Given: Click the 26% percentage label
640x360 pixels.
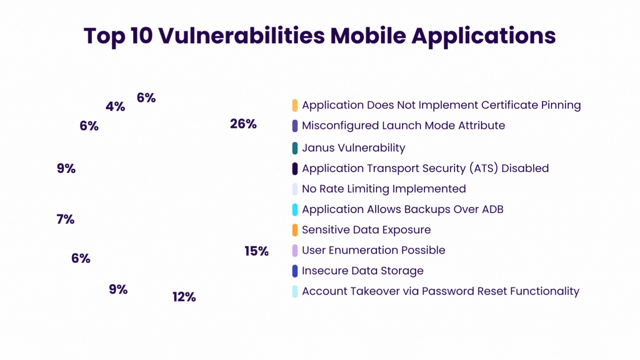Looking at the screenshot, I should pyautogui.click(x=243, y=124).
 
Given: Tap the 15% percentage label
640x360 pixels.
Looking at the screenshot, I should pyautogui.click(x=256, y=251).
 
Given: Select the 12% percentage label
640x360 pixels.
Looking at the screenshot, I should pyautogui.click(x=184, y=297).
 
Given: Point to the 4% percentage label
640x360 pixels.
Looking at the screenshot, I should pyautogui.click(x=115, y=107).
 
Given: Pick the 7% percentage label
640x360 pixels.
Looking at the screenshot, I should pyautogui.click(x=65, y=219).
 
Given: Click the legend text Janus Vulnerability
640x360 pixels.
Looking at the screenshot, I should pyautogui.click(x=353, y=148).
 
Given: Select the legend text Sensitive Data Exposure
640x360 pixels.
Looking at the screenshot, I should pyautogui.click(x=366, y=230).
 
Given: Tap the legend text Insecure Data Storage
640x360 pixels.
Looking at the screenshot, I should pyautogui.click(x=362, y=271).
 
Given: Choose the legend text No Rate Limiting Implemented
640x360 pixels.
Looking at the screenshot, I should pyautogui.click(x=384, y=189).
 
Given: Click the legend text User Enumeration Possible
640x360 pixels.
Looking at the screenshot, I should pyautogui.click(x=373, y=250).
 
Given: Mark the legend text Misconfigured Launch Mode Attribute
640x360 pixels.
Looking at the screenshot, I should pyautogui.click(x=403, y=125).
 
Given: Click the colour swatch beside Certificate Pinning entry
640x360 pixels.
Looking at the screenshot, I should pyautogui.click(x=295, y=105).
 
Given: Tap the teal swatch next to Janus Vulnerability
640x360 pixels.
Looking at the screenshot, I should pyautogui.click(x=295, y=148).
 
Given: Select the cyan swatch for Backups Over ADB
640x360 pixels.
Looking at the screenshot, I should pyautogui.click(x=295, y=210).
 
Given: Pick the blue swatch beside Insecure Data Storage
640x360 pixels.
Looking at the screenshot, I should pyautogui.click(x=295, y=271).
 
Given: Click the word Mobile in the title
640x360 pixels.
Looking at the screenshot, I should pyautogui.click(x=368, y=36).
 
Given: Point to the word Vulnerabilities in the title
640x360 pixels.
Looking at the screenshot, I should pyautogui.click(x=242, y=36).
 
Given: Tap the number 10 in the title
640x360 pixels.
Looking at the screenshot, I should pyautogui.click(x=142, y=36).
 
